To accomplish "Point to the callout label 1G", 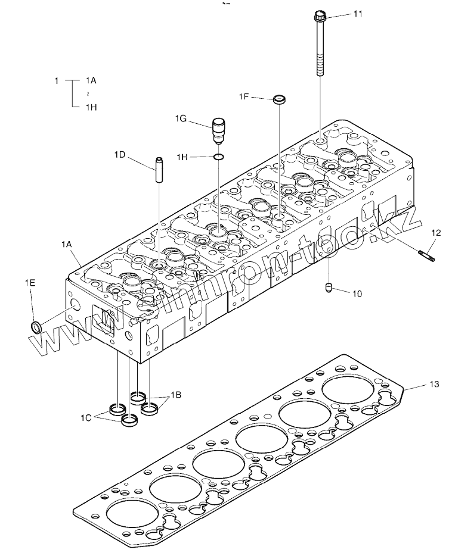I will click(x=181, y=119).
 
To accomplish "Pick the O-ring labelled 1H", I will click(x=219, y=157).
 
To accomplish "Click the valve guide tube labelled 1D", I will click(x=160, y=170).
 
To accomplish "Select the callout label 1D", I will click(x=120, y=155).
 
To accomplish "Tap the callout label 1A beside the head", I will click(x=66, y=244).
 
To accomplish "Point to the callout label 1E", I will click(x=29, y=283).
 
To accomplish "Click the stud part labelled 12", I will click(x=428, y=257).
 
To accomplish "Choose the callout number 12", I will click(x=436, y=233).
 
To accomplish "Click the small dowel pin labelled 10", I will click(x=328, y=289).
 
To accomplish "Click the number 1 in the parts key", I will click(x=57, y=80).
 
